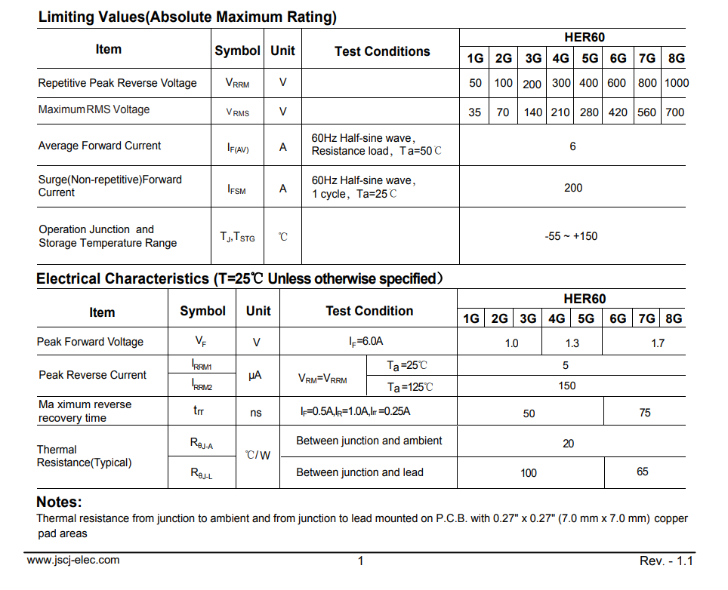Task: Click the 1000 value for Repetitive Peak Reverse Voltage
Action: (x=677, y=83)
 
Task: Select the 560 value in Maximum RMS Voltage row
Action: (x=647, y=112)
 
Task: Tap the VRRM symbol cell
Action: (x=237, y=84)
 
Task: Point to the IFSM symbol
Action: (x=237, y=189)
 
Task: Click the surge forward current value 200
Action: (x=573, y=188)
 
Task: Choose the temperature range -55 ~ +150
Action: (x=571, y=236)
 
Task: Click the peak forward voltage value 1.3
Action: (x=572, y=343)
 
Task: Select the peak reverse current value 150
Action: (x=567, y=386)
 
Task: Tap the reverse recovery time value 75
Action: (x=645, y=413)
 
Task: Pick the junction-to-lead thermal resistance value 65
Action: (x=643, y=472)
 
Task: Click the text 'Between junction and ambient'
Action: (x=369, y=441)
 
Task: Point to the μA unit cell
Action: (x=255, y=375)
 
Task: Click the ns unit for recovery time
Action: (x=256, y=413)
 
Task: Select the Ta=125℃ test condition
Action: (x=411, y=387)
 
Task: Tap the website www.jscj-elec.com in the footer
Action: (x=73, y=560)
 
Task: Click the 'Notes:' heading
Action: (x=59, y=502)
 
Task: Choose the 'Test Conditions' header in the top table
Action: (x=382, y=51)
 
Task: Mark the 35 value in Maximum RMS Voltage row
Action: (x=474, y=112)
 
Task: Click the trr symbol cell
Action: (x=199, y=411)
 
